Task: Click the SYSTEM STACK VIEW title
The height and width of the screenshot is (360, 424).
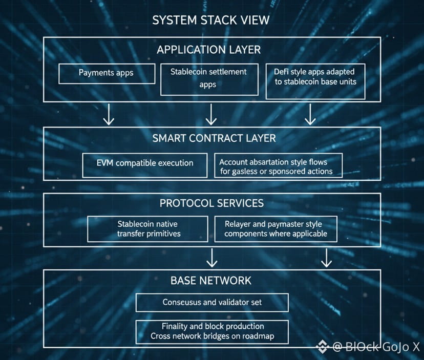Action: coord(211,20)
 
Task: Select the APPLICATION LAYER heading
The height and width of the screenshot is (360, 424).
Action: coord(208,50)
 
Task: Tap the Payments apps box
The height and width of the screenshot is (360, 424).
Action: coord(107,73)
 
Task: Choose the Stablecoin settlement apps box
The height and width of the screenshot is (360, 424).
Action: coord(209,79)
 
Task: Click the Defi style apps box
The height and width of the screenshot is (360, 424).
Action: coord(315,81)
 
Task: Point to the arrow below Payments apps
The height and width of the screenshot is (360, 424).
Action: coord(109,115)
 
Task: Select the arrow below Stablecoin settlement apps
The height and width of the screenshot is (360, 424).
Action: coord(211,115)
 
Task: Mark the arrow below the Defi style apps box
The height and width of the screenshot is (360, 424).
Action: coord(310,115)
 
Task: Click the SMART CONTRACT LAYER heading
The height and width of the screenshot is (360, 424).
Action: coord(214,138)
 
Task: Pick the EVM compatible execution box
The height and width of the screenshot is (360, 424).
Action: coord(145,164)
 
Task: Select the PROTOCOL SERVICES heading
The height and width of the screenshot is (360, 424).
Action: coord(211,203)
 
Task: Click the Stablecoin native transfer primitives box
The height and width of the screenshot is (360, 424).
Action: coord(148,229)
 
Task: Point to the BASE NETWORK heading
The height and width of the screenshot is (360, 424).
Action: coord(211,281)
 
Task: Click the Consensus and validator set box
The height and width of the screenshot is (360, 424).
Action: coord(212,303)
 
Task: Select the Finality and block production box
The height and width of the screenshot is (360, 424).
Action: coord(212,331)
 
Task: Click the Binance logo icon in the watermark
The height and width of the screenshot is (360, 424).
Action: coord(323,347)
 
